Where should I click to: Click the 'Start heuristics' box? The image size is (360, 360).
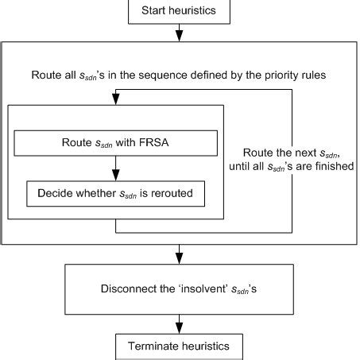(x=180, y=10)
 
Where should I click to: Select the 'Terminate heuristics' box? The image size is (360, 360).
(x=180, y=346)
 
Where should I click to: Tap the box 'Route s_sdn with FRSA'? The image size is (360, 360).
(x=115, y=143)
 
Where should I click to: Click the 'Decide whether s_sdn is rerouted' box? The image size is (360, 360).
(x=115, y=192)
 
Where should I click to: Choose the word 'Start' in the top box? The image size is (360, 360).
(x=154, y=10)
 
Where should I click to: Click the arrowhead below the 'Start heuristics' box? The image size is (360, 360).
(x=180, y=34)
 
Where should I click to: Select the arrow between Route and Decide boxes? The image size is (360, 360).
(x=116, y=168)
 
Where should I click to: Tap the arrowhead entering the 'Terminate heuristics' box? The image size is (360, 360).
(x=180, y=329)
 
